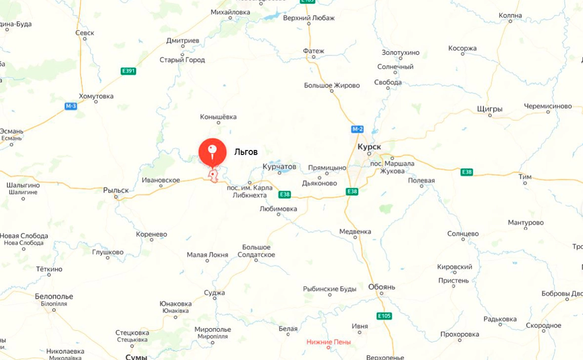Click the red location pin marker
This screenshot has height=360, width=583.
pyautogui.click(x=212, y=151)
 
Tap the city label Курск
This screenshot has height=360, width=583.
pyautogui.click(x=370, y=147)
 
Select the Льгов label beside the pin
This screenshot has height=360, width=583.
pyautogui.click(x=246, y=152)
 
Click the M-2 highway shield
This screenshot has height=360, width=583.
pyautogui.click(x=357, y=129)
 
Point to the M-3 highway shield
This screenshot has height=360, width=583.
pyautogui.click(x=71, y=106)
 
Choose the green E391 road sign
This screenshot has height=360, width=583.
pyautogui.click(x=128, y=71)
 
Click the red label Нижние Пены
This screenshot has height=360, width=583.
pyautogui.click(x=329, y=342)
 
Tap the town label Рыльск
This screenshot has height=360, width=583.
pyautogui.click(x=116, y=190)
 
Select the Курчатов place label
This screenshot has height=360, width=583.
pyautogui.click(x=280, y=167)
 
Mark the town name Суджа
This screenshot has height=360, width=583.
pyautogui.click(x=214, y=293)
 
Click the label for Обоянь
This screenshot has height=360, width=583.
pyautogui.click(x=381, y=287)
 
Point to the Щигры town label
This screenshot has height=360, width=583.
pyautogui.click(x=490, y=109)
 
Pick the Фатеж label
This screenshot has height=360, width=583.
pyautogui.click(x=314, y=51)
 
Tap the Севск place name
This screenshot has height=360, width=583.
pyautogui.click(x=84, y=33)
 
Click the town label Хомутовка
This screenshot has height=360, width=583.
pyautogui.click(x=96, y=96)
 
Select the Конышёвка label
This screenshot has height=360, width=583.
pyautogui.click(x=218, y=117)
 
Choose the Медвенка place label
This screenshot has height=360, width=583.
pyautogui.click(x=355, y=232)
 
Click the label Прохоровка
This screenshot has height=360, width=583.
pyautogui.click(x=459, y=334)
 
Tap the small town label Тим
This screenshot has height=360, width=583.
pyautogui.click(x=525, y=176)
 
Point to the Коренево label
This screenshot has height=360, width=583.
pyautogui.click(x=151, y=235)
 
